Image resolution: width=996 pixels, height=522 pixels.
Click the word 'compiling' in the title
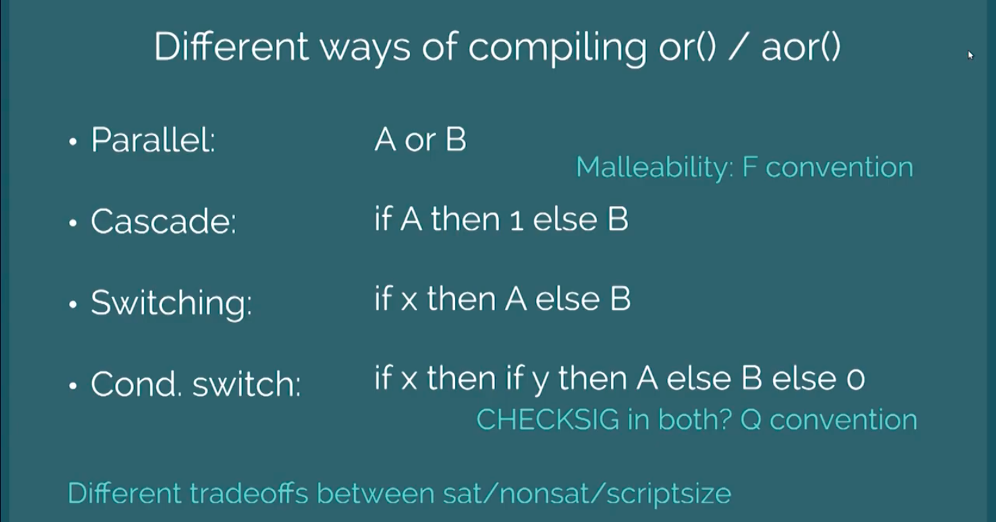557,48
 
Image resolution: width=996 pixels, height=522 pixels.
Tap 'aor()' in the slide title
801,47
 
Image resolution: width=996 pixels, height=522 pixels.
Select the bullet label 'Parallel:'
153,140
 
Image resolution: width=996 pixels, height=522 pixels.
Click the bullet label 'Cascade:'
163,221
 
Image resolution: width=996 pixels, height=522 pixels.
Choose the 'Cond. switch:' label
196,384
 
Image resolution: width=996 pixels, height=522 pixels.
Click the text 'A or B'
421,140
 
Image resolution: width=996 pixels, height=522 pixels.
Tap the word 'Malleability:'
654,168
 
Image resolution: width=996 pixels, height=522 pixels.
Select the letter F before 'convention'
750,167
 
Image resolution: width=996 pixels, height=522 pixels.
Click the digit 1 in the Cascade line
516,221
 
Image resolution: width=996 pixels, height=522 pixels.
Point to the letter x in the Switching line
409,301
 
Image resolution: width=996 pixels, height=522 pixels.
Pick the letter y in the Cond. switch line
540,382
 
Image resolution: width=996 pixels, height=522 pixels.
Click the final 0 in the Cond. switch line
856,380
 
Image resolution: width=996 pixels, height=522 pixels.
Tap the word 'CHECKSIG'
547,419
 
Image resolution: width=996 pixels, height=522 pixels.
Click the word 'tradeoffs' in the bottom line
249,493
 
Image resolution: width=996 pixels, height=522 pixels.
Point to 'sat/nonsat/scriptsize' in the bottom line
587,494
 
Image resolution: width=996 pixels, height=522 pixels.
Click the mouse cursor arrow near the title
970,55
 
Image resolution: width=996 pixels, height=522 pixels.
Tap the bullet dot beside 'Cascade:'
73,223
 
